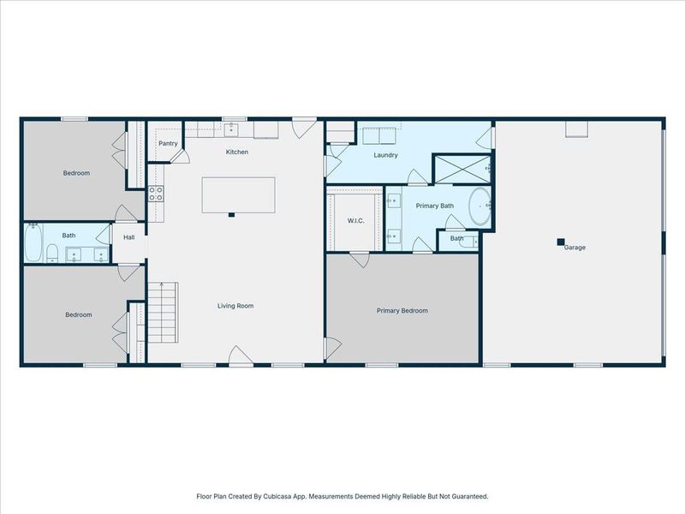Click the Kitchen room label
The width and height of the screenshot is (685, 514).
click(x=237, y=152)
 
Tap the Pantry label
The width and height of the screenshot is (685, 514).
click(x=168, y=143)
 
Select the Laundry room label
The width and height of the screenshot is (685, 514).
click(x=385, y=155)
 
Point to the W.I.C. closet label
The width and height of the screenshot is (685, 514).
click(x=356, y=221)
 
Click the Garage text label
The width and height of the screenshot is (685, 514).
click(x=575, y=248)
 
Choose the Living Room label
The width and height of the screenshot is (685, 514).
click(x=235, y=306)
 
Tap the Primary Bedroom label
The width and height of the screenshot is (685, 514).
click(x=402, y=311)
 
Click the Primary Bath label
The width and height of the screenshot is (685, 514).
click(x=434, y=206)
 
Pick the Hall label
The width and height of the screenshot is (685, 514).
click(x=129, y=237)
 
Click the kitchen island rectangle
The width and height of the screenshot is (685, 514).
click(x=238, y=194)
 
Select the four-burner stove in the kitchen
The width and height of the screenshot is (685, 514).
click(x=157, y=194)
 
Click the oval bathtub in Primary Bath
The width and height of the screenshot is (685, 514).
click(x=479, y=207)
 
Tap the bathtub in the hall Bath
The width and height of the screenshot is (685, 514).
click(x=33, y=243)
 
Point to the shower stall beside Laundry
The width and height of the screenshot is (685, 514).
click(x=462, y=169)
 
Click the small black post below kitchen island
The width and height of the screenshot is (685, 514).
click(x=230, y=215)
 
